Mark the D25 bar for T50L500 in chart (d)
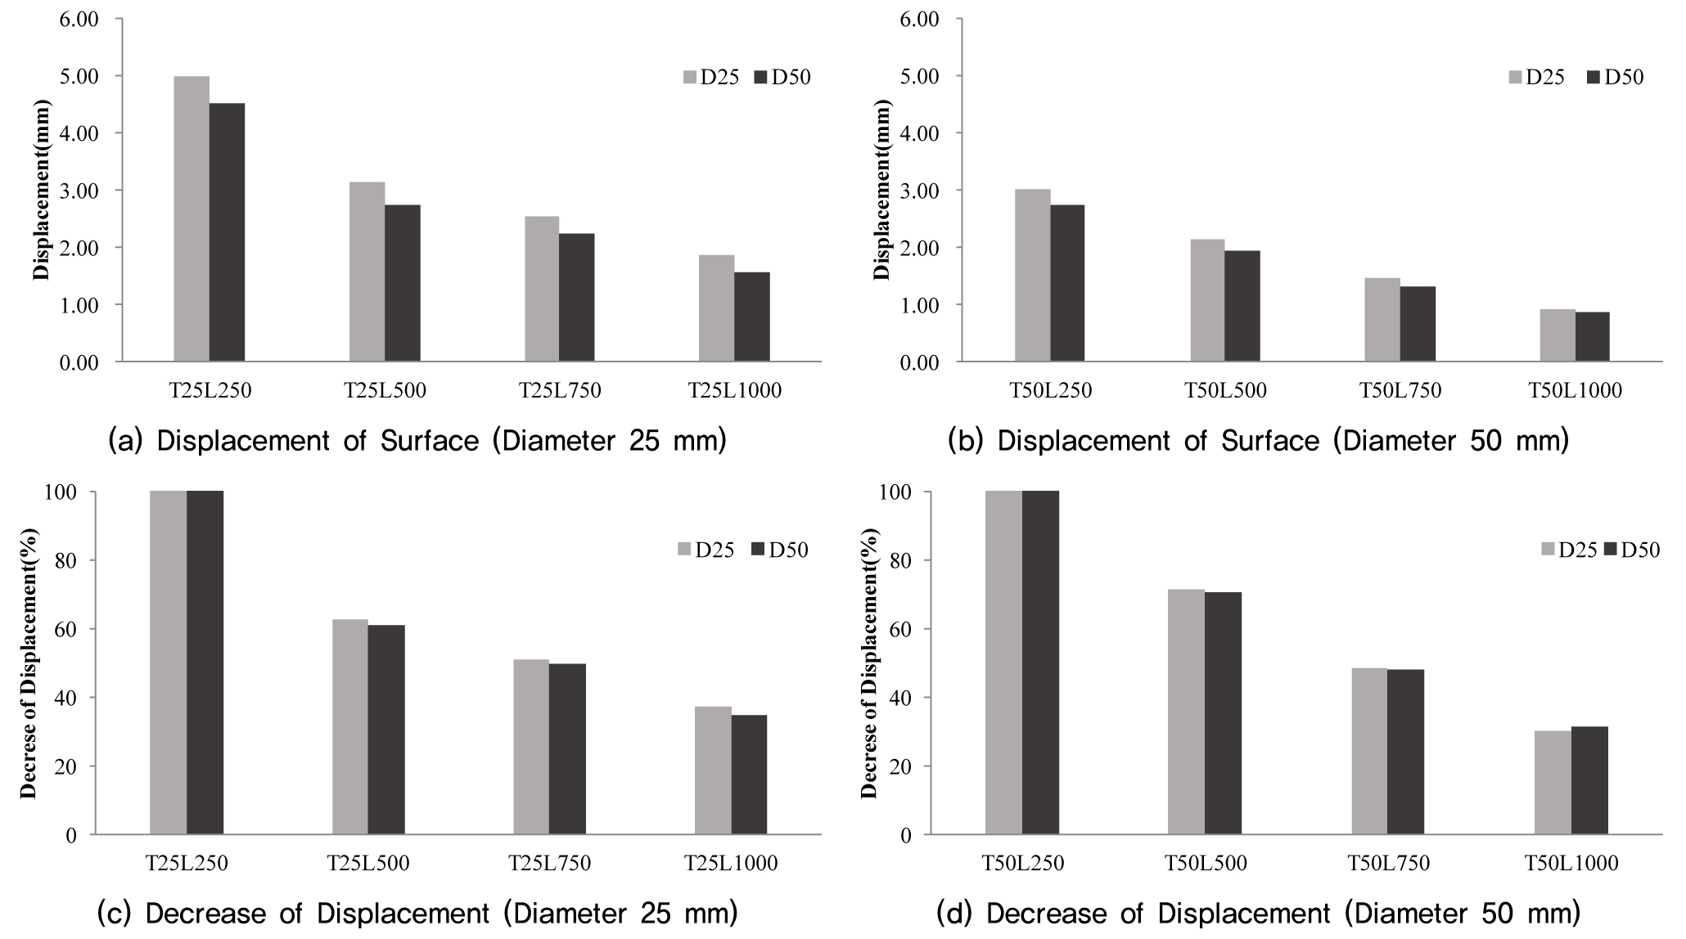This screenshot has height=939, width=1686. (1186, 712)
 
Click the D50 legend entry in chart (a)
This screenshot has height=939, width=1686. (782, 77)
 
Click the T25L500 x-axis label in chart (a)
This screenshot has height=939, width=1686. (385, 391)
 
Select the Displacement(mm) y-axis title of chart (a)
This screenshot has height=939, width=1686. (42, 190)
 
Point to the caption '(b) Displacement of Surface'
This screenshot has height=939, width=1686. (1258, 441)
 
